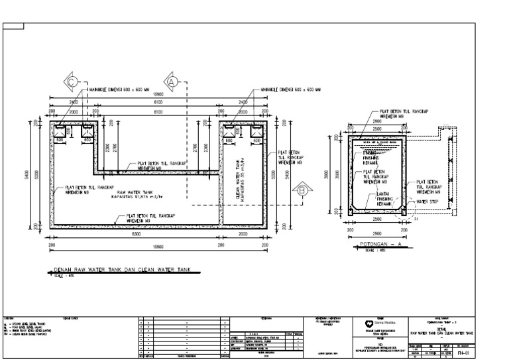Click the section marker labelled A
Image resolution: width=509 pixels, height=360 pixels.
pyautogui.click(x=172, y=82)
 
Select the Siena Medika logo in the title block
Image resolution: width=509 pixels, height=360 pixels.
pyautogui.click(x=370, y=325)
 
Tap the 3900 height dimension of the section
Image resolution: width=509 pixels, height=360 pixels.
pyautogui.click(x=336, y=174)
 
